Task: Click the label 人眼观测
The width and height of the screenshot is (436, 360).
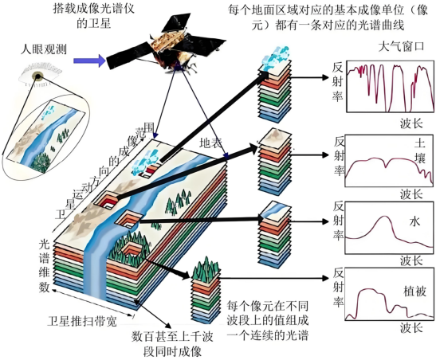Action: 44,49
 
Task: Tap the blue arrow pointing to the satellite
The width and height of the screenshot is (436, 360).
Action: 89,61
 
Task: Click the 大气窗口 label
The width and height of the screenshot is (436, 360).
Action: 401,46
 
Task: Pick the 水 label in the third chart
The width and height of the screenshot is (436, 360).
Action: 414,221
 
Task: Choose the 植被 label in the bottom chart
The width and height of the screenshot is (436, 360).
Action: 414,292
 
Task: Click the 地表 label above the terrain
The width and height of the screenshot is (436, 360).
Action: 210,143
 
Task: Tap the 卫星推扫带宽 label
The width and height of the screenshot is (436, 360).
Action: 82,322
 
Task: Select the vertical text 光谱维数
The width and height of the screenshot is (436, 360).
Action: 44,265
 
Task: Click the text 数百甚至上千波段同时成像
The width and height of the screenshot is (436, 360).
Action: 172,344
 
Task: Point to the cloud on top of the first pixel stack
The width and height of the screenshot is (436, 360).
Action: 276,58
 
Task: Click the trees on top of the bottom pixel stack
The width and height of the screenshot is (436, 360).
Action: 206,269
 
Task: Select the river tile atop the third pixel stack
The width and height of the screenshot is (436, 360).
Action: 275,210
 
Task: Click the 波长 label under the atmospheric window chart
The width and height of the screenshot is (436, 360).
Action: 411,123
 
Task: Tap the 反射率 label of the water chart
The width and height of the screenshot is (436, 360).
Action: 339,221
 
